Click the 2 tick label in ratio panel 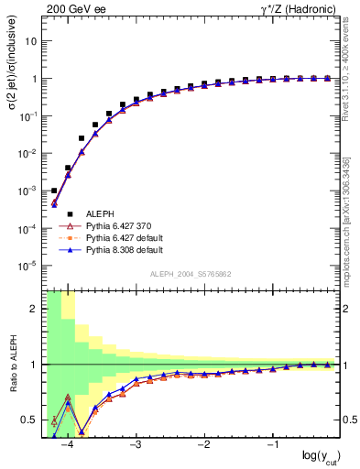[x=35, y=309]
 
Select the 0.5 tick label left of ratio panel [x=31, y=420]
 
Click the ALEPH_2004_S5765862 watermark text [x=190, y=275]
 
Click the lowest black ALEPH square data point [x=54, y=191]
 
